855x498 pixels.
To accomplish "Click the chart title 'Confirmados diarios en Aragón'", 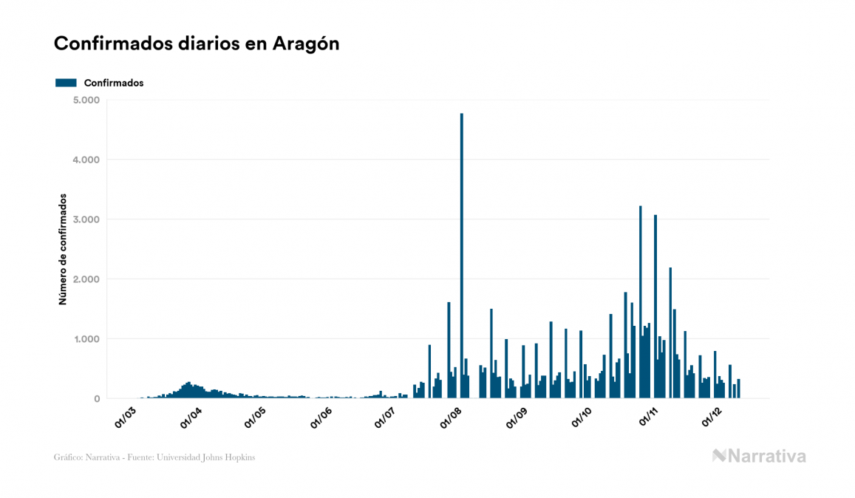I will point(197,44).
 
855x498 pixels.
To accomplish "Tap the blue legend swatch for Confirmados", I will point(66,83).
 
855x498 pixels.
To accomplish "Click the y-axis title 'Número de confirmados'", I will point(64,250).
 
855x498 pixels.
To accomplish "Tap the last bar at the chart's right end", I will point(738,389).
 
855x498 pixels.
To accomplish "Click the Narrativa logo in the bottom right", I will point(759,456).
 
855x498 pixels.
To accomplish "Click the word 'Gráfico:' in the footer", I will point(67,457).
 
